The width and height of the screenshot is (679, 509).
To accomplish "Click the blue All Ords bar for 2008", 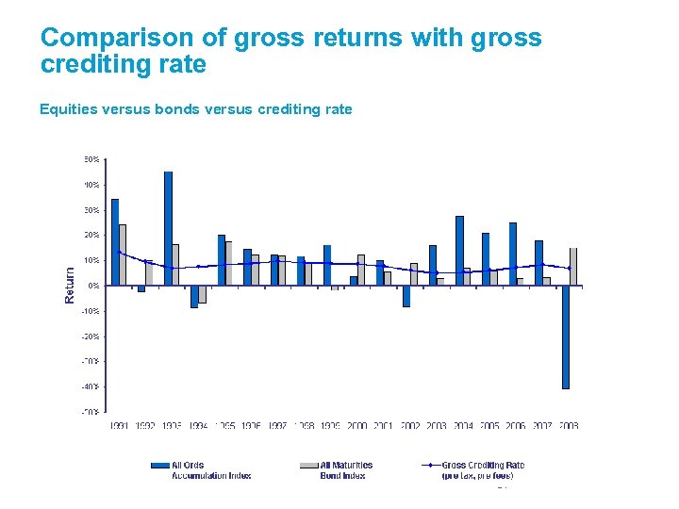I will coord(566,337).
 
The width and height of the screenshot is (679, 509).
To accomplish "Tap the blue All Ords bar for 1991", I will coord(115,241).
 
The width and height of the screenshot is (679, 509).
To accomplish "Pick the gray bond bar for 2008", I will coord(573,267).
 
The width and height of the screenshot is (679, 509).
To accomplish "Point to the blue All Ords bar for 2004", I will coord(459,251).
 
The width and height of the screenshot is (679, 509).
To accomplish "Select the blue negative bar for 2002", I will coord(406,296).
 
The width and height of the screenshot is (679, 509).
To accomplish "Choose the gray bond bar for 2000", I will coord(361,270).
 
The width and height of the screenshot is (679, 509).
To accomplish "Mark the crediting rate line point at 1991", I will coord(119,253).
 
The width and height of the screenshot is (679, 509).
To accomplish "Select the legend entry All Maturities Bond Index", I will coord(345,469).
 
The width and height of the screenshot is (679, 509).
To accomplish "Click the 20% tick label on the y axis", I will coord(91,235).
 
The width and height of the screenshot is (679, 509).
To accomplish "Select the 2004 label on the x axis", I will coord(462,426).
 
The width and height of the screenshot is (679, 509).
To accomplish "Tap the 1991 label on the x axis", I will coord(119,426).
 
